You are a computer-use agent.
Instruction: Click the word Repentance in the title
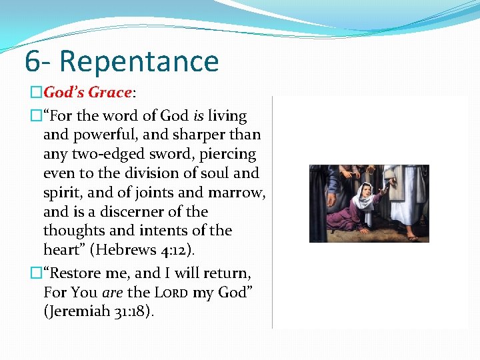(x=139, y=61)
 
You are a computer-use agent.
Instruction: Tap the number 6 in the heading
(x=32, y=61)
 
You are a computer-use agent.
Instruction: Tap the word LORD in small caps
(x=173, y=292)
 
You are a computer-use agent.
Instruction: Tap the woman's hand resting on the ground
(x=364, y=230)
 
